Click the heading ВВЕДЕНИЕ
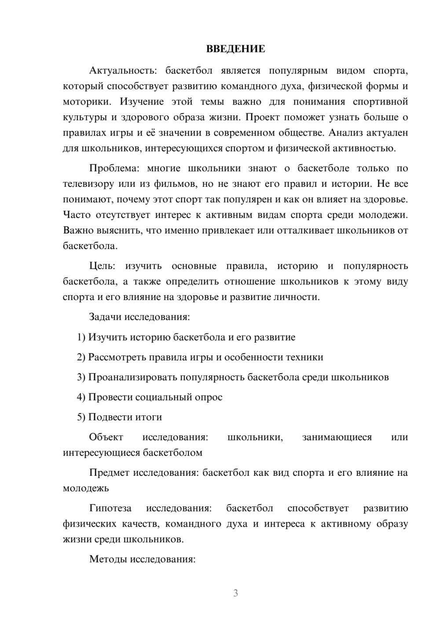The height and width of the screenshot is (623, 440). coord(235,49)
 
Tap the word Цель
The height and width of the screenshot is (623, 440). coord(102,266)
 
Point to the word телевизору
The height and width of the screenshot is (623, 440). coord(88,184)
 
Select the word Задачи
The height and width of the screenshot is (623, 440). coord(106,317)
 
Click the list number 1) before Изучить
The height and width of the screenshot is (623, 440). coord(81,337)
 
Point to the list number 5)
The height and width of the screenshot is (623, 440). coord(81,417)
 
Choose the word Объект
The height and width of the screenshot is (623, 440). coord(106,437)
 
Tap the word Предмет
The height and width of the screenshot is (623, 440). coord(109,473)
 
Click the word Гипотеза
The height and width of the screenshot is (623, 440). coord(110,508)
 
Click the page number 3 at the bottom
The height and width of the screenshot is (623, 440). coord(235,593)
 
